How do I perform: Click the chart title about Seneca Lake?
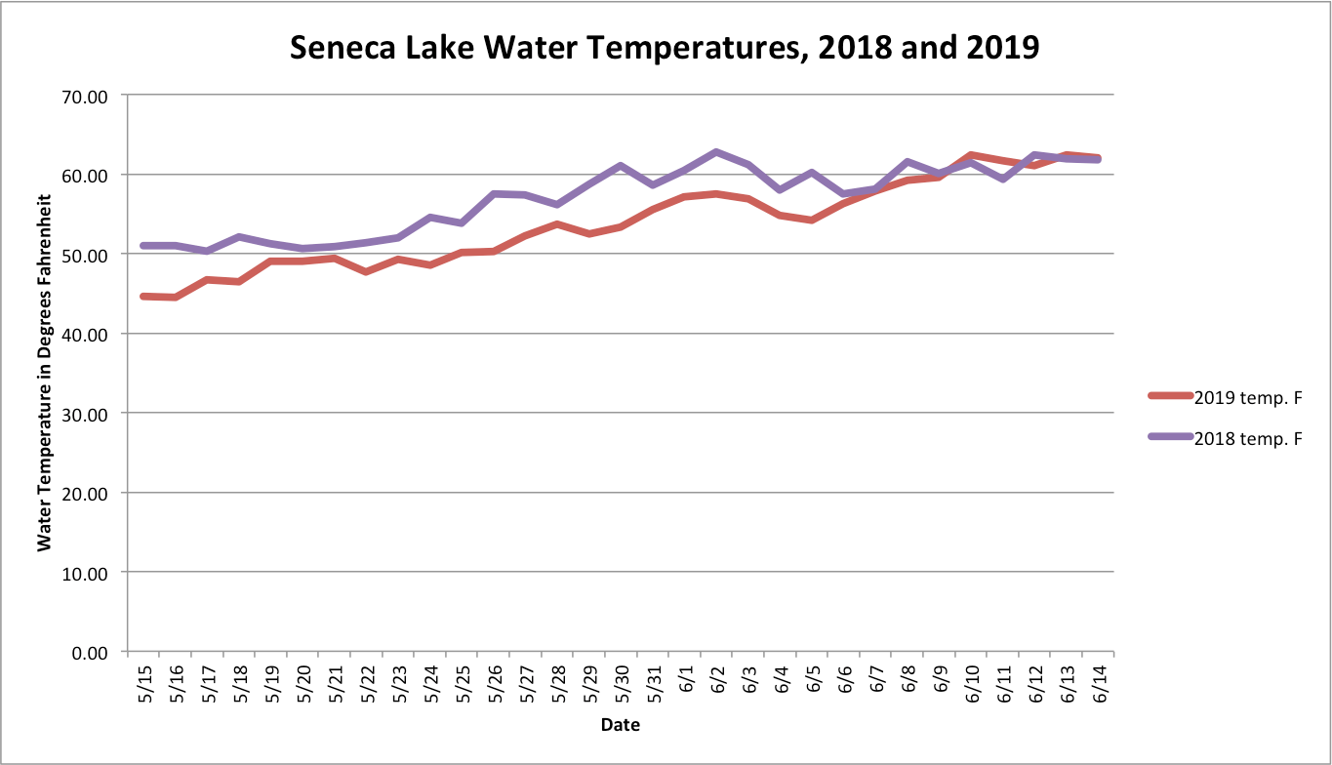665,47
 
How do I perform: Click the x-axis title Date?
620,725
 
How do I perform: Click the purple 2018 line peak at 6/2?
717,152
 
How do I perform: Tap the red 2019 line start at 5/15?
144,296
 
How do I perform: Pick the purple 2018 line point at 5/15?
144,246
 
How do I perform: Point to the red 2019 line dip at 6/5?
812,220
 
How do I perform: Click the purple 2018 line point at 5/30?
622,166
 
